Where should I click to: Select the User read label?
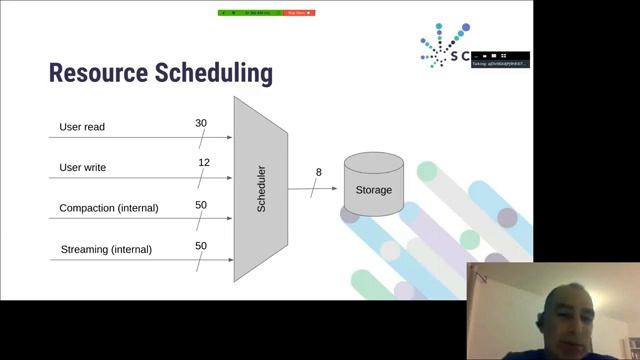pyautogui.click(x=82, y=127)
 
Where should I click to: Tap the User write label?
pyautogui.click(x=83, y=167)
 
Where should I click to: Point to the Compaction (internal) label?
pyautogui.click(x=108, y=208)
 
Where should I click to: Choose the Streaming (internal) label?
pyautogui.click(x=106, y=249)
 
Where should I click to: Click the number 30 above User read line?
pyautogui.click(x=201, y=123)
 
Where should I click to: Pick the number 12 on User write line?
pyautogui.click(x=204, y=162)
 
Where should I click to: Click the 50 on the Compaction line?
pyautogui.click(x=201, y=205)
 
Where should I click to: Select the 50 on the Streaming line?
pyautogui.click(x=201, y=245)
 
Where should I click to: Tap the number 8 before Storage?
pyautogui.click(x=319, y=172)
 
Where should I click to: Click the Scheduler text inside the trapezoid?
pyautogui.click(x=262, y=189)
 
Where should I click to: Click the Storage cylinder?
pyautogui.click(x=374, y=188)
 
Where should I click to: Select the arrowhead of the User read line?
pyautogui.click(x=229, y=137)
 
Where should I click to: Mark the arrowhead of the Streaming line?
pyautogui.click(x=229, y=259)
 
